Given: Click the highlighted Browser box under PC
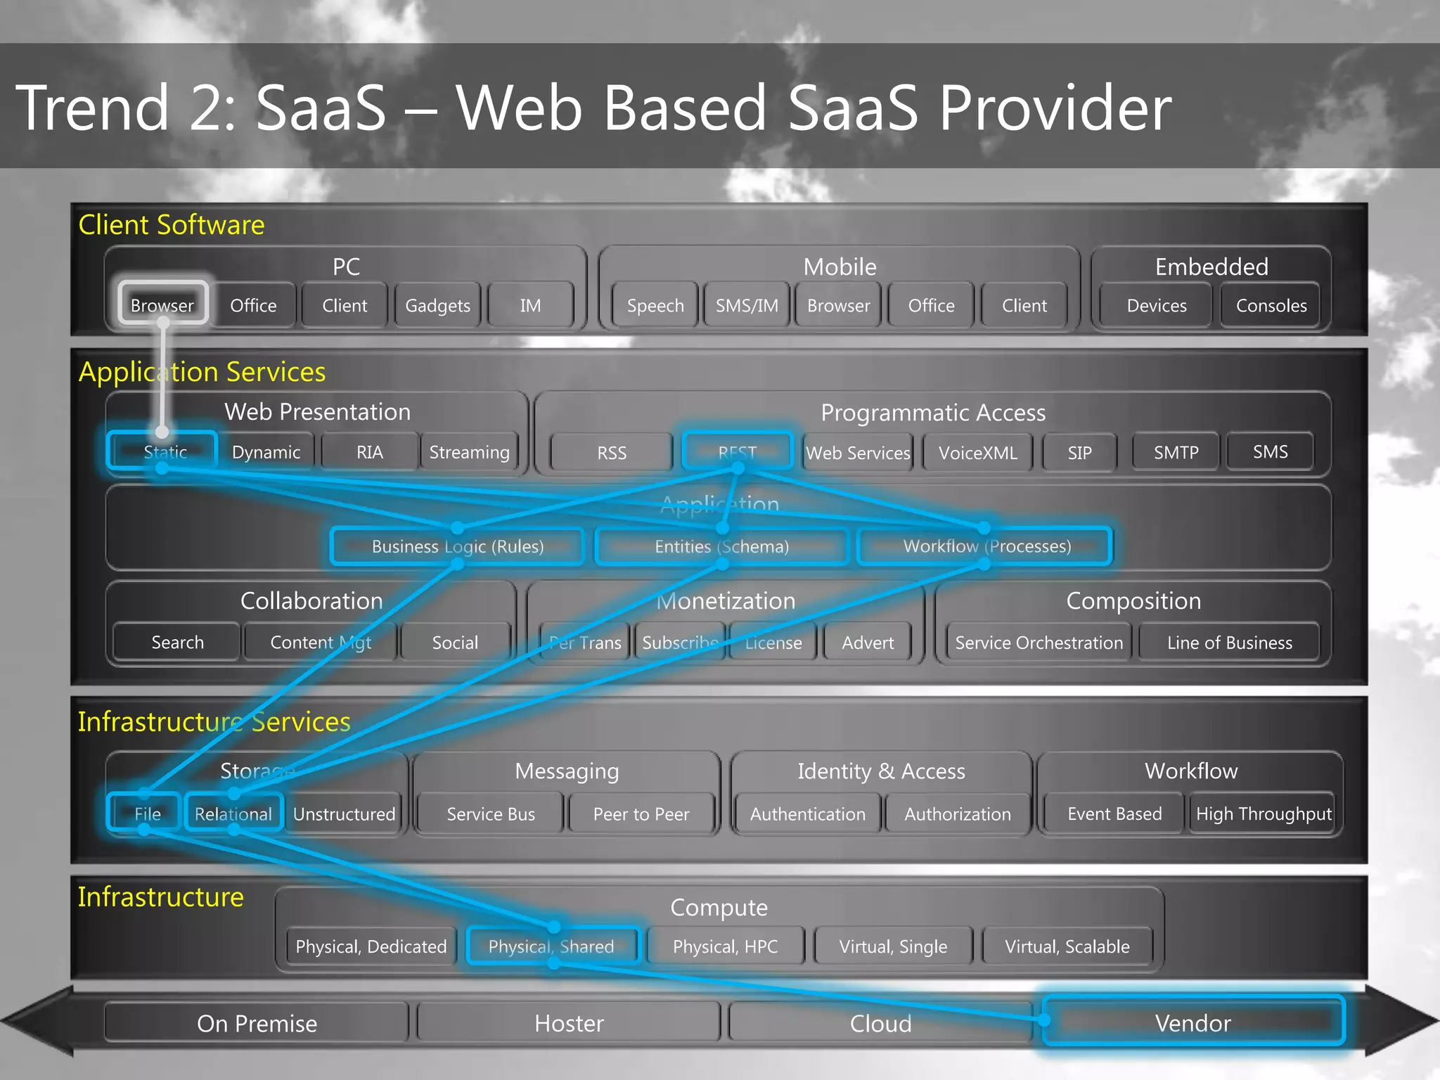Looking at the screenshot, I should click(x=162, y=305).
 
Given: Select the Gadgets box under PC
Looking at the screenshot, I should click(x=437, y=305).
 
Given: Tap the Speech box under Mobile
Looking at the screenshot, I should click(x=655, y=305).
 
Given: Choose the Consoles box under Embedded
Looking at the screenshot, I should click(x=1271, y=305).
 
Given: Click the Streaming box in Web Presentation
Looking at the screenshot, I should click(x=469, y=452).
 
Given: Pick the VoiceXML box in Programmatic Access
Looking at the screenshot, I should click(x=977, y=453).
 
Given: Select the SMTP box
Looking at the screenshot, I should click(x=1176, y=452).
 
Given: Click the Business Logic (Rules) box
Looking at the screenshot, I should click(x=457, y=546).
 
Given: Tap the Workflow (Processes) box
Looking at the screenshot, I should click(x=986, y=546).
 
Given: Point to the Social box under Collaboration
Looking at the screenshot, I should click(x=455, y=642).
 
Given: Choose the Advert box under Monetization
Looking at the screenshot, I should click(x=868, y=642).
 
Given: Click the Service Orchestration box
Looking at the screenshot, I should click(x=1039, y=642).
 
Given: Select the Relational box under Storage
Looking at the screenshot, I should click(x=233, y=814).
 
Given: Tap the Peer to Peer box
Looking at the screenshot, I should click(x=641, y=814).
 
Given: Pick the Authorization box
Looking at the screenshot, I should click(x=957, y=814).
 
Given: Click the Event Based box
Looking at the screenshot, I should click(x=1114, y=814).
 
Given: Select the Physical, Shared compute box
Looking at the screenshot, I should click(x=551, y=946).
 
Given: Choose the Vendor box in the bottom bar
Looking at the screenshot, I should click(x=1192, y=1022).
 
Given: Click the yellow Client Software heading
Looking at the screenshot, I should click(x=172, y=225).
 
